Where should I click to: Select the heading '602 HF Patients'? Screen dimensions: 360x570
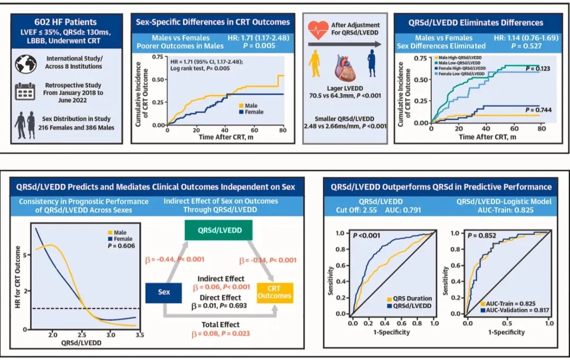pos(65,22)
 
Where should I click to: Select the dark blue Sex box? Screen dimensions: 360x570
pos(164,292)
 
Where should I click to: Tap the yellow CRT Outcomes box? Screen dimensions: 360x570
pos(274,292)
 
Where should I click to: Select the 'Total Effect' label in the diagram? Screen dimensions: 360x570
pos(221,325)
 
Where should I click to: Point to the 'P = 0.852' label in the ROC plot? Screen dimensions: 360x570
pos(481,235)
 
